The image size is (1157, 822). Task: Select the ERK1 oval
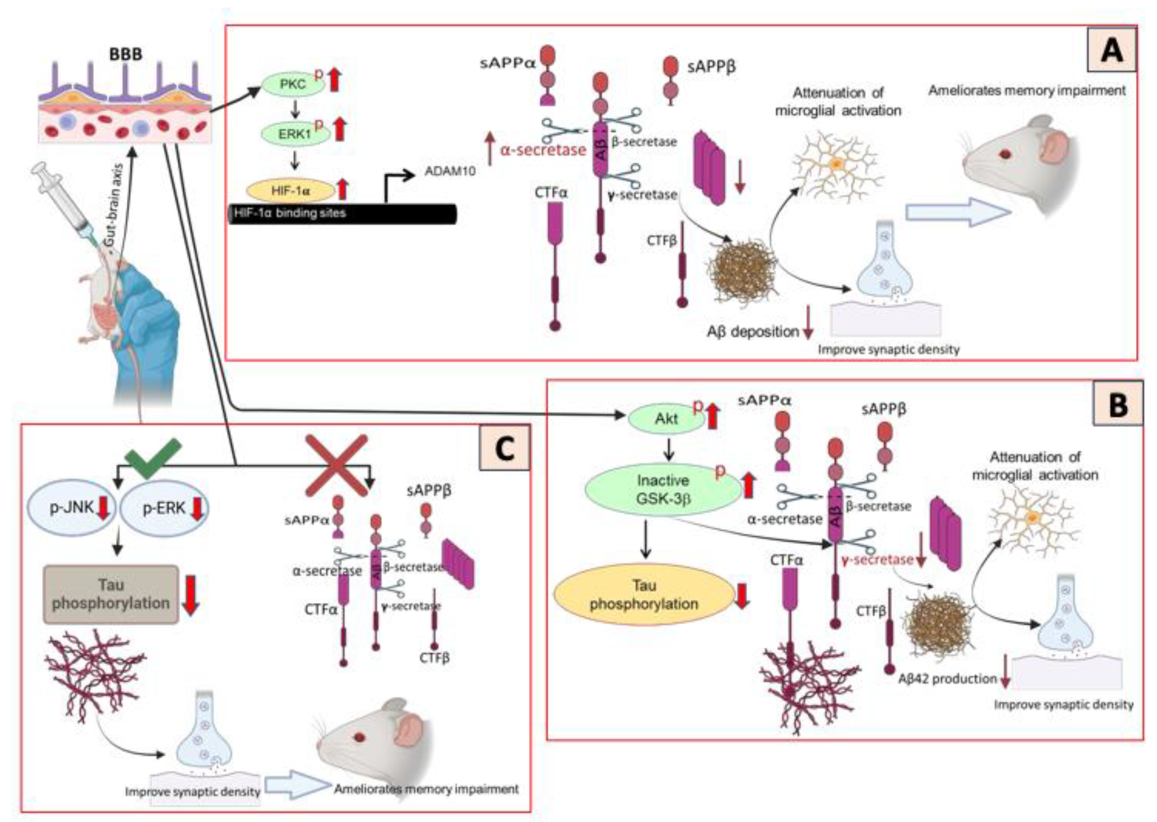(x=294, y=134)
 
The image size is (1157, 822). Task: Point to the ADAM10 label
(x=450, y=171)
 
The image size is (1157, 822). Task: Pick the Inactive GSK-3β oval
(x=662, y=490)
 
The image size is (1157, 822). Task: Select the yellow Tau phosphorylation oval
(x=644, y=595)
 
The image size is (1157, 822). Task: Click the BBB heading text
(x=126, y=54)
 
